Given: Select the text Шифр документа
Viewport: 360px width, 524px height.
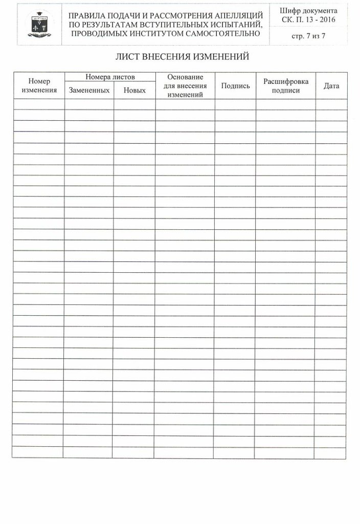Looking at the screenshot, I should point(309,11).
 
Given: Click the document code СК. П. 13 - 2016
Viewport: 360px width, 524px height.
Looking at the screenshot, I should point(309,19).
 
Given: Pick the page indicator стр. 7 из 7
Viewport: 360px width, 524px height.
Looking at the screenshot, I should point(309,35).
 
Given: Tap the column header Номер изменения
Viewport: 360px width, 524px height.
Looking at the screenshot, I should point(38,85).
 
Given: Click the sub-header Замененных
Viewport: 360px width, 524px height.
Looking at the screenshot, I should point(89,90).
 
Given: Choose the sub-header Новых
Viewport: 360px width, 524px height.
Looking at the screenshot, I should point(134,90).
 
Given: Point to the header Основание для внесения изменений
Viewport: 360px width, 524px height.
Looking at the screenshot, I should point(185,85).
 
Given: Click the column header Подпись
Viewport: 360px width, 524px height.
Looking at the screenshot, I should point(235,85).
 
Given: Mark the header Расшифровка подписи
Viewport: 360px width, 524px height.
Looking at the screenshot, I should point(285,85).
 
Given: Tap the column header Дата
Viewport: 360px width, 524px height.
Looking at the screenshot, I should point(331,85).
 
